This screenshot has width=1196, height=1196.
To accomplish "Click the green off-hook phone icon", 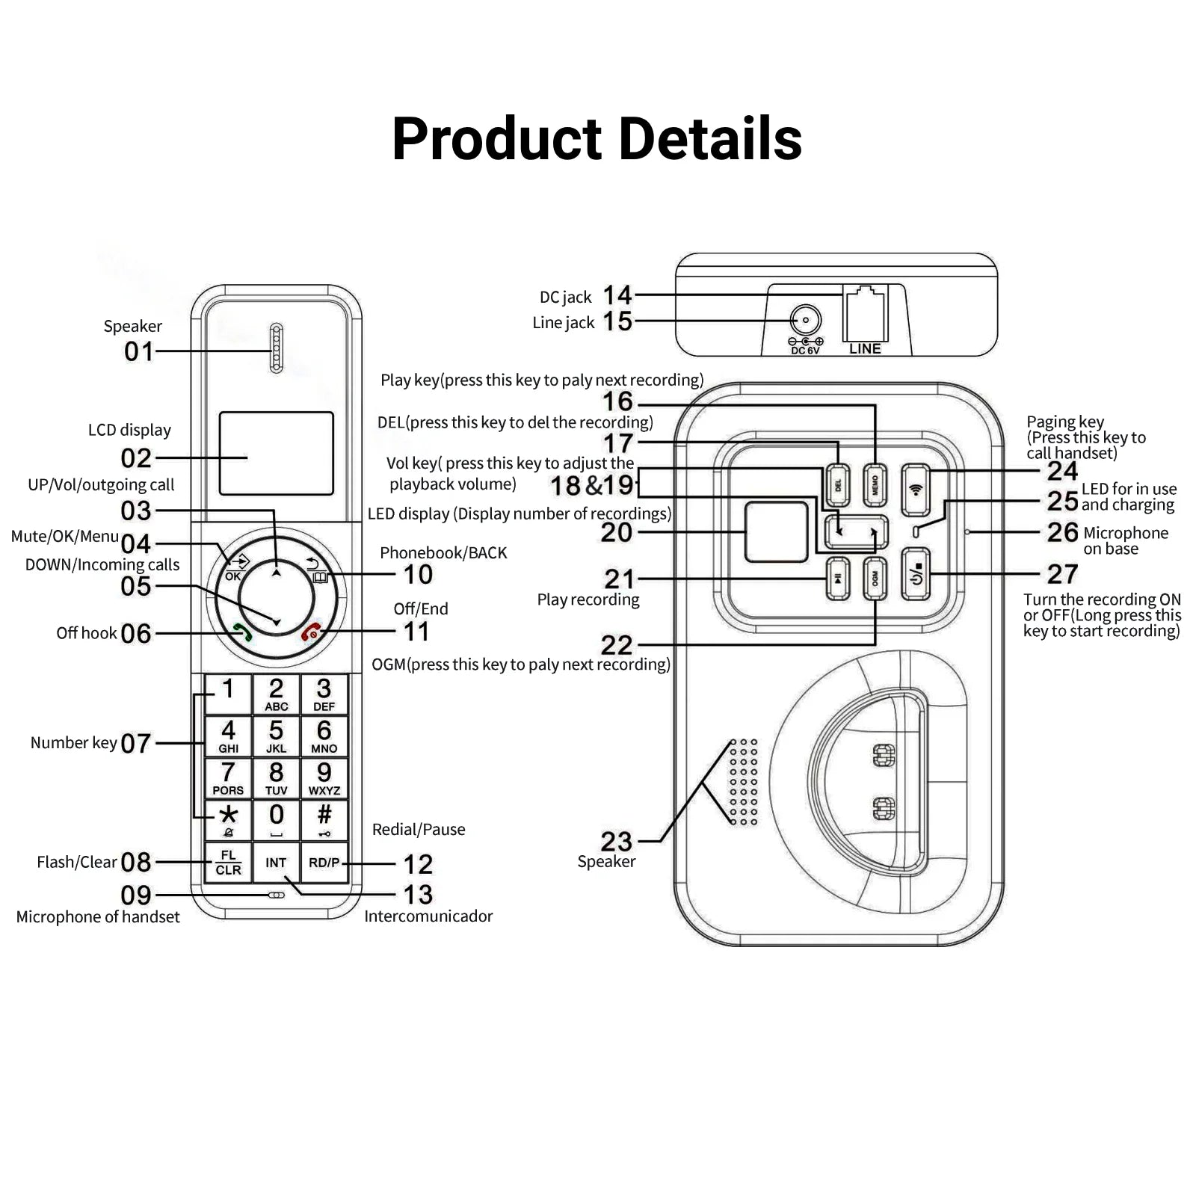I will [242, 632].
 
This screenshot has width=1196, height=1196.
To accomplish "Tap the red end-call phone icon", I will [311, 632].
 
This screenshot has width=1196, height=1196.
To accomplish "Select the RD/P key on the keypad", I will [324, 863].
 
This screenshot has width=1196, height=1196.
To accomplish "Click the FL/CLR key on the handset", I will [228, 863].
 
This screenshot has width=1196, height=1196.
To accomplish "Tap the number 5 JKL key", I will [276, 736].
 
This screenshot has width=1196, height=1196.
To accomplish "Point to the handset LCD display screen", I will [276, 453].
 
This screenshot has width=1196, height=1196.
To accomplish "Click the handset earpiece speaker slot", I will [276, 348].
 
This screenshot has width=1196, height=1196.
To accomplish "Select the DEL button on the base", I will [838, 486].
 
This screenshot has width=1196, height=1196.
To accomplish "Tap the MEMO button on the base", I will [875, 486].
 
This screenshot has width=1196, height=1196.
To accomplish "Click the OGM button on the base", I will [875, 579].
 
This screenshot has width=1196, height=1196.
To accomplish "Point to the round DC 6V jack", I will [805, 321].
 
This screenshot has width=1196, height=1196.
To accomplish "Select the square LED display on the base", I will [777, 531].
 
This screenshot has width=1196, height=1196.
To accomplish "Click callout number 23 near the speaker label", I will [617, 842].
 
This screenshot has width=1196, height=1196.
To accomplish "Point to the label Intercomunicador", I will [428, 916].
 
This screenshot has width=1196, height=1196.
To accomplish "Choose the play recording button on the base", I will [838, 579].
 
